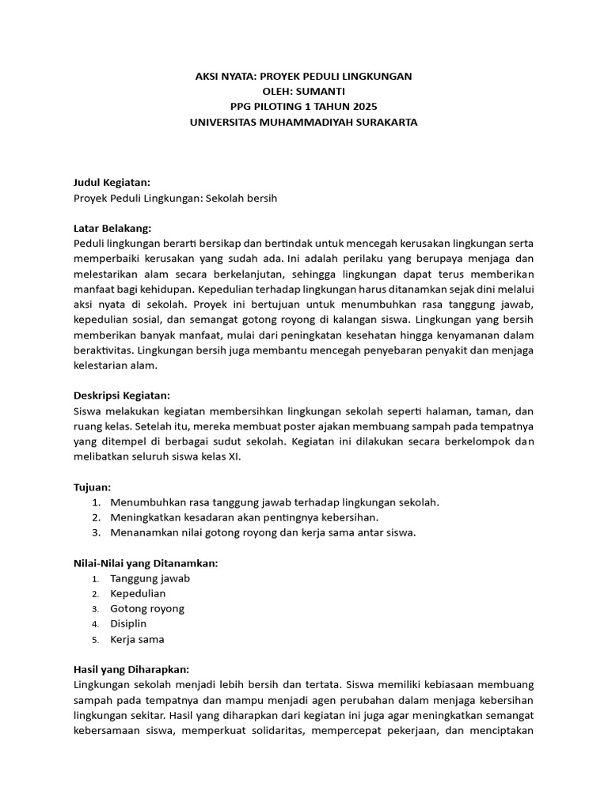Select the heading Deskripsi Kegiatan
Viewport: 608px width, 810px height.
coord(121,396)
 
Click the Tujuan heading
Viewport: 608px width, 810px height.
coord(92,487)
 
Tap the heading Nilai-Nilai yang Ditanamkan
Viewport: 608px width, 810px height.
coord(145,563)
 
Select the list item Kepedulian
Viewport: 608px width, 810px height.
coord(138,593)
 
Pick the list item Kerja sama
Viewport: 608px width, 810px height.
coord(137,639)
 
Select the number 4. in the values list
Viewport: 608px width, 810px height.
coord(94,624)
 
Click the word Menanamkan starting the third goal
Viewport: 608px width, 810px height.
coord(140,532)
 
